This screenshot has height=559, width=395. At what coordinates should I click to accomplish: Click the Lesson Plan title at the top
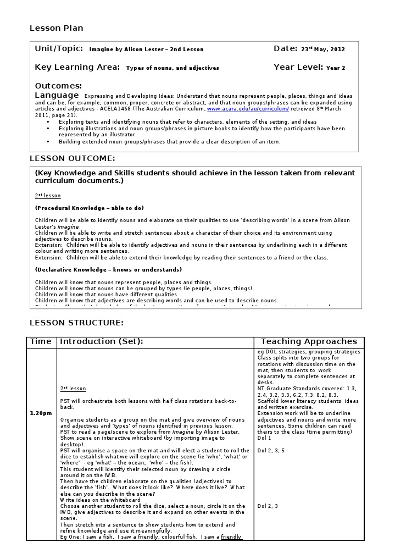(x=56, y=28)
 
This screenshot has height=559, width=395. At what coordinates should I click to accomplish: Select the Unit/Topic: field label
(x=59, y=49)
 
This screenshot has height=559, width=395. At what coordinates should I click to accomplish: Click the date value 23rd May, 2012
(x=323, y=49)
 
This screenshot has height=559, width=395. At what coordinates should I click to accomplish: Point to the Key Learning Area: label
(x=77, y=68)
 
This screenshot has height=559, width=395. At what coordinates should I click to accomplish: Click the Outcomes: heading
(x=58, y=86)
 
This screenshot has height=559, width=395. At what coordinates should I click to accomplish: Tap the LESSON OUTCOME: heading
(x=72, y=159)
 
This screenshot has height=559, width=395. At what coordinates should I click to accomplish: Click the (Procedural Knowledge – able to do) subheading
(x=89, y=208)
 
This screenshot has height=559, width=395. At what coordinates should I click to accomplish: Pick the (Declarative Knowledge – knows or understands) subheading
(x=108, y=270)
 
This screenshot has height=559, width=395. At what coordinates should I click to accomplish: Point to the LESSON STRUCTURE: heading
(x=76, y=323)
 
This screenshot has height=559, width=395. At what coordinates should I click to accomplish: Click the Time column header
(x=41, y=341)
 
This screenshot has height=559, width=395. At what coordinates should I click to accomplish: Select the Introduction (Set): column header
(x=102, y=341)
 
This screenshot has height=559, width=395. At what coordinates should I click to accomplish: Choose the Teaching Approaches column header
(x=309, y=341)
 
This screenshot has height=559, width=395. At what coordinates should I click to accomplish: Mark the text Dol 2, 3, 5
(x=271, y=451)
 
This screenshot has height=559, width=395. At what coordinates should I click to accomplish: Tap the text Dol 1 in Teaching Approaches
(x=264, y=438)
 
